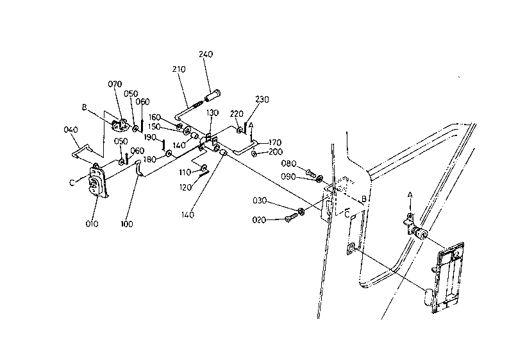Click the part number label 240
(x=206, y=54)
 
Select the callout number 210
(x=179, y=69)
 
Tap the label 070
(x=115, y=84)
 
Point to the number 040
(x=71, y=130)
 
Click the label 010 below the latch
(x=92, y=224)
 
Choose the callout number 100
(x=126, y=224)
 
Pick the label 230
(x=262, y=99)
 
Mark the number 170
(x=275, y=142)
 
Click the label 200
(x=276, y=151)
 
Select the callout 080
(x=288, y=164)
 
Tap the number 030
(x=260, y=201)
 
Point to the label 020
(x=259, y=220)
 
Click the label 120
(x=185, y=187)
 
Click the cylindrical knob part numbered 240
(x=213, y=94)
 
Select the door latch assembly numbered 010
(x=97, y=181)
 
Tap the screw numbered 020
(x=291, y=217)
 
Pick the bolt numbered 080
(x=311, y=173)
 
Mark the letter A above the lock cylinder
(x=410, y=195)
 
